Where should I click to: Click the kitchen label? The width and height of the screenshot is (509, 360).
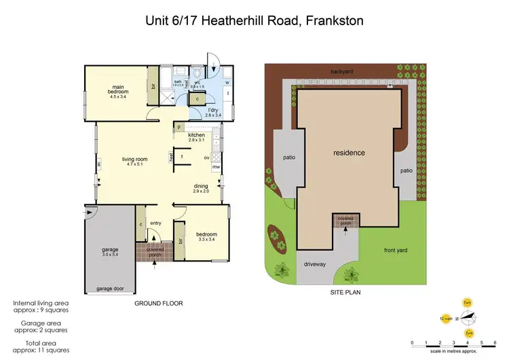pyautogui.click(x=197, y=135)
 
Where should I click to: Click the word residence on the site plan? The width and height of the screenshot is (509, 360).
pyautogui.click(x=349, y=153)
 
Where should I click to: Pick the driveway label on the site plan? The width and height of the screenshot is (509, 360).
pyautogui.click(x=315, y=264)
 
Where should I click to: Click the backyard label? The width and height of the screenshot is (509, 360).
pyautogui.click(x=342, y=71)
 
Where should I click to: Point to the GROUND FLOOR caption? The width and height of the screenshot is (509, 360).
pyautogui.click(x=159, y=303)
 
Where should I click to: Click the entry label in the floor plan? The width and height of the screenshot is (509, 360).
pyautogui.click(x=155, y=223)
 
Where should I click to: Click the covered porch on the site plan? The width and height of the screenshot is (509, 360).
pyautogui.click(x=345, y=221)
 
